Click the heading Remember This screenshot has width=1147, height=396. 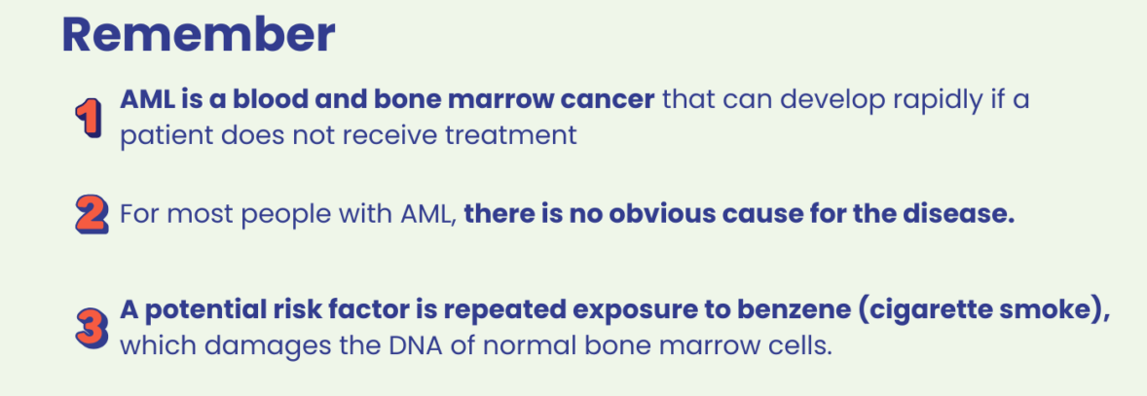pyautogui.click(x=199, y=34)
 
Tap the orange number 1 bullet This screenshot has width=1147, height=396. pyautogui.click(x=89, y=118)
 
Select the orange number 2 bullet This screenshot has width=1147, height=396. pyautogui.click(x=92, y=216)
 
